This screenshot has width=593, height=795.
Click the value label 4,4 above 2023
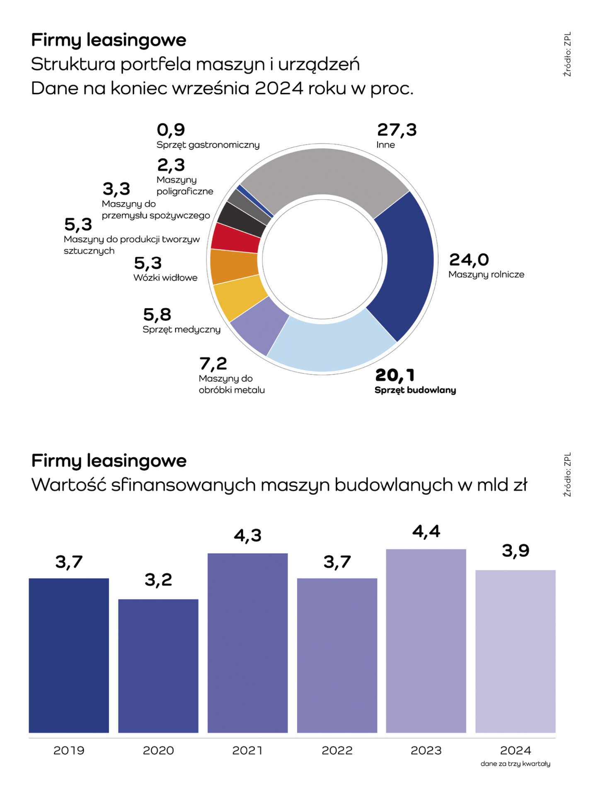[426, 531]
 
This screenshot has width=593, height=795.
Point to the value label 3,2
[158, 580]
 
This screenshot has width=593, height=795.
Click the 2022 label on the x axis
[337, 750]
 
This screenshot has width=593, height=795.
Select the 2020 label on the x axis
[158, 750]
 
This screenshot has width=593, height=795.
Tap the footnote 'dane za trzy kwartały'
[515, 764]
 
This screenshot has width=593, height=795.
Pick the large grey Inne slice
[323, 174]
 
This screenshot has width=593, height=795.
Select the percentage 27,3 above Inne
[397, 130]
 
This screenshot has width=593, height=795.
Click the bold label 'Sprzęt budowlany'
[415, 390]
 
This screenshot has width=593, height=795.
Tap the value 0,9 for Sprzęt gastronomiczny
[171, 130]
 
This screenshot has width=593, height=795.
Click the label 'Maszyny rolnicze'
[486, 275]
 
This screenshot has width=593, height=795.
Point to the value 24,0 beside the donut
[469, 260]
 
